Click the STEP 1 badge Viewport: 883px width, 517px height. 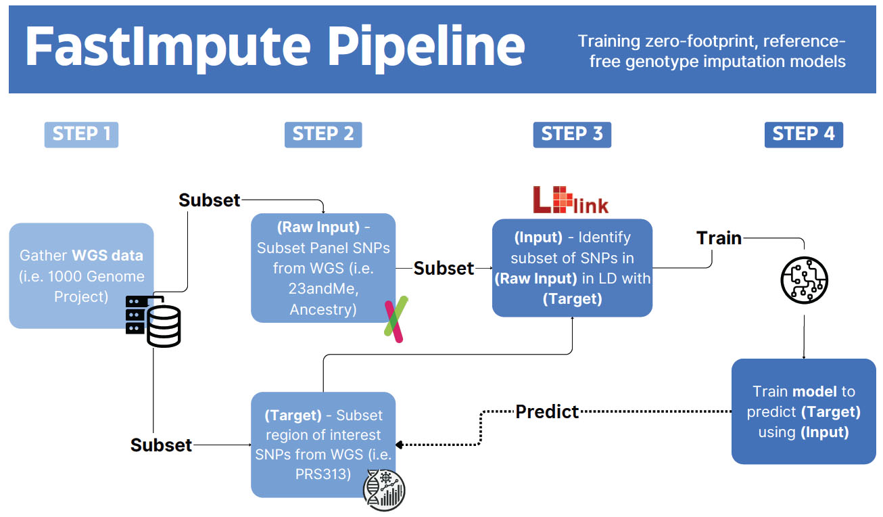[x=81, y=134]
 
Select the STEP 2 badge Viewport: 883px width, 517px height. [x=323, y=134]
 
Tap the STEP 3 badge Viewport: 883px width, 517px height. [x=571, y=134]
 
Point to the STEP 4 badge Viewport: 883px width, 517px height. [x=803, y=134]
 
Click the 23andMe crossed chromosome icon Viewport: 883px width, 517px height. [x=394, y=319]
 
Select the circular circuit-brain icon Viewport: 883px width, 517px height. [x=804, y=279]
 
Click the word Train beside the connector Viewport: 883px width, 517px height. [x=719, y=238]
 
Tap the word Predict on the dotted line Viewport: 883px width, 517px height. [x=547, y=411]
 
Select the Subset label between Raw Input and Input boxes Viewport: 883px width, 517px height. [x=444, y=268]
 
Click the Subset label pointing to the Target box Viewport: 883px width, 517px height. [x=161, y=445]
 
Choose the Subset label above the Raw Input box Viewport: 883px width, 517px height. [x=209, y=200]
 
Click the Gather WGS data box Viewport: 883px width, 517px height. [x=81, y=275]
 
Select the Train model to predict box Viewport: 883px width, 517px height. [x=803, y=411]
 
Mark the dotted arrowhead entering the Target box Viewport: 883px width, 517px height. [x=399, y=445]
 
